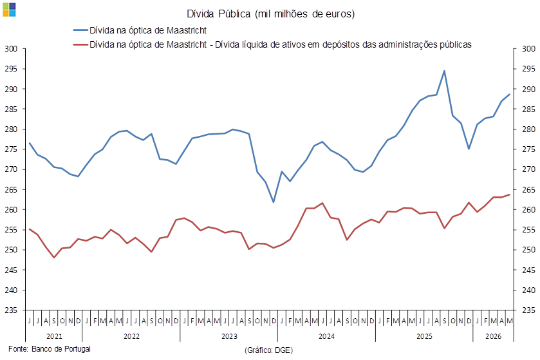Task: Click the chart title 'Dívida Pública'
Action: pos(218,14)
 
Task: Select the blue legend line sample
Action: pos(80,30)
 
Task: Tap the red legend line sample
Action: pos(80,44)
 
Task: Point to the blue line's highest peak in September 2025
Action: pos(444,71)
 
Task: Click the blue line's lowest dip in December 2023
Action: pos(274,202)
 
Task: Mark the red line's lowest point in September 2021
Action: pos(54,258)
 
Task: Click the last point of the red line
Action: pos(510,194)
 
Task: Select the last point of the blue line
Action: pos(510,94)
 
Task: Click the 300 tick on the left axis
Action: pos(11,48)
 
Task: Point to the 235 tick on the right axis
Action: pos(528,310)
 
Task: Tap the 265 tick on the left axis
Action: pos(11,189)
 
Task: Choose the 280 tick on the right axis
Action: pos(528,129)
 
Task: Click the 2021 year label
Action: pos(54,336)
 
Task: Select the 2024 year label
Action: pos(326,336)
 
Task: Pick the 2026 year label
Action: pos(494,336)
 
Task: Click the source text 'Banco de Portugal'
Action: pos(61,348)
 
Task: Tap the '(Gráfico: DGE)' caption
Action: pos(268,350)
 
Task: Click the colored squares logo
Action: pos(9,10)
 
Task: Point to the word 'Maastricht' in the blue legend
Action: pos(187,30)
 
